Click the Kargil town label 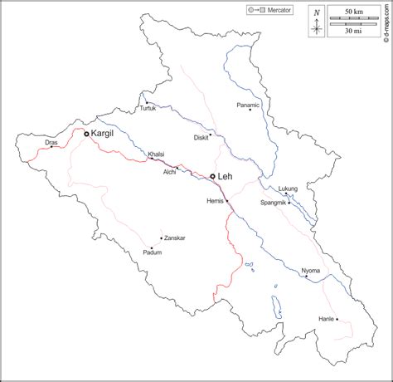(x=104, y=133)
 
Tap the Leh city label (x=226, y=176)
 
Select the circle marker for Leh (x=213, y=176)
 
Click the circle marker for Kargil (x=86, y=133)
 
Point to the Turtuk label (x=147, y=109)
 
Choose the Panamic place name (x=248, y=105)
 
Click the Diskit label (x=201, y=138)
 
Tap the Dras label (x=51, y=143)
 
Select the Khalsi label (x=156, y=154)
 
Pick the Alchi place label (x=169, y=171)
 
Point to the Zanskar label (x=175, y=238)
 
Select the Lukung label (x=288, y=189)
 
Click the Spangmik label (x=274, y=203)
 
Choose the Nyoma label (x=310, y=271)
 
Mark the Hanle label (x=327, y=319)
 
